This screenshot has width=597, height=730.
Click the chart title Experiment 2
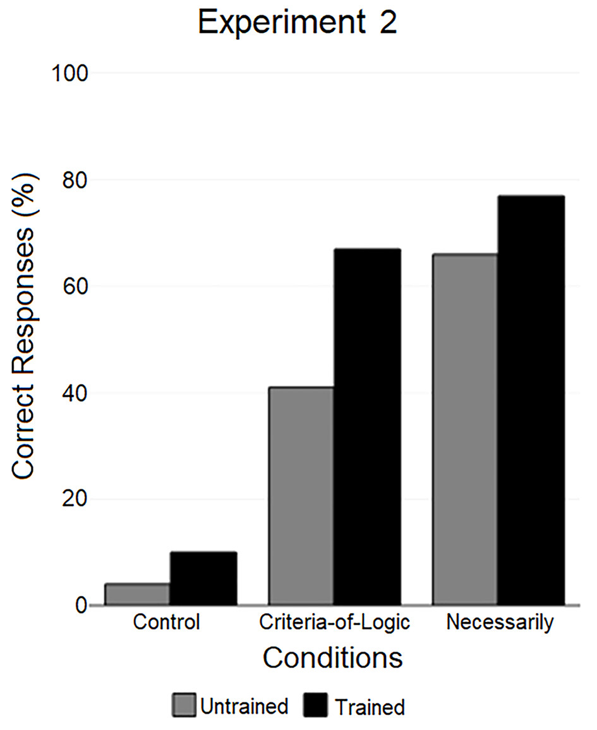click(x=298, y=22)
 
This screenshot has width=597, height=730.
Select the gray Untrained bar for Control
click(x=137, y=594)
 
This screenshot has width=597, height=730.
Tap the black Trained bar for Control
click(x=203, y=578)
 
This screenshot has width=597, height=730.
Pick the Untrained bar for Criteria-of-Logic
click(x=301, y=496)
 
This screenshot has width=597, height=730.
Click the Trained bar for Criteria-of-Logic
click(x=367, y=427)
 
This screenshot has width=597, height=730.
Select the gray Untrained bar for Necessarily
click(x=465, y=429)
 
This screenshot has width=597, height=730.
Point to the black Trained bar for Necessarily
click(x=531, y=400)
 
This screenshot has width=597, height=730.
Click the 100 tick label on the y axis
click(x=69, y=73)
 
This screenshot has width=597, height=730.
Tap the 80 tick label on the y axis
click(x=75, y=179)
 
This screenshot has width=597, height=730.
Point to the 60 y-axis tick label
click(x=75, y=286)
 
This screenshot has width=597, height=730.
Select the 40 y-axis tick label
click(x=75, y=392)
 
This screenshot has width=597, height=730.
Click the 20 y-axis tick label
click(x=75, y=499)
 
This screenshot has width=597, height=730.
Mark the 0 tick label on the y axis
click(x=82, y=605)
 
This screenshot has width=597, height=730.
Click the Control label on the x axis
click(x=167, y=622)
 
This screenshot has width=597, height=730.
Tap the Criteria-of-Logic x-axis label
click(x=335, y=623)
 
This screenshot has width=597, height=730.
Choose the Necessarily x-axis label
click(x=500, y=623)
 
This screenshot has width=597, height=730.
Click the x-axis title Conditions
click(x=333, y=658)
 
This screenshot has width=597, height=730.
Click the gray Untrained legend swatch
click(x=184, y=705)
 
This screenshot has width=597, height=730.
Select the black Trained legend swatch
click(x=315, y=705)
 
